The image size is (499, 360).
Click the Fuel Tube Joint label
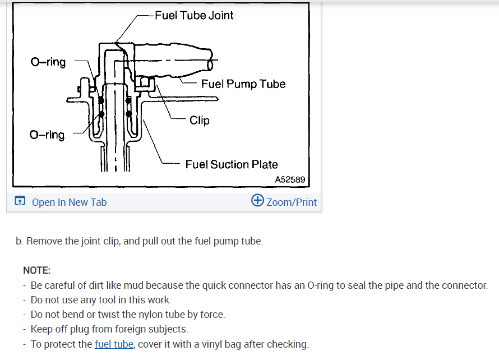click(x=194, y=15)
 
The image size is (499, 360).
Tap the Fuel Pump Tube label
click(x=243, y=84)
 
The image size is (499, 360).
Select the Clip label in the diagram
click(x=200, y=120)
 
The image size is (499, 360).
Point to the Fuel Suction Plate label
click(x=232, y=164)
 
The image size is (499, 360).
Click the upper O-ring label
click(x=48, y=62)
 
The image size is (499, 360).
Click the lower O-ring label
click(x=47, y=135)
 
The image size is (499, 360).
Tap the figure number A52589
click(x=290, y=179)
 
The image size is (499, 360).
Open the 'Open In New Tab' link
click(x=69, y=202)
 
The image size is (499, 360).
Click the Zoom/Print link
click(x=292, y=202)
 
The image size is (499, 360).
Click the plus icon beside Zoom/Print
click(x=257, y=201)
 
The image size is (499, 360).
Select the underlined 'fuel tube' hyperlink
click(x=114, y=344)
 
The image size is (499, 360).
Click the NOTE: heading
click(x=36, y=270)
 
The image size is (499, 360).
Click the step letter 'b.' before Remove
click(x=20, y=241)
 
